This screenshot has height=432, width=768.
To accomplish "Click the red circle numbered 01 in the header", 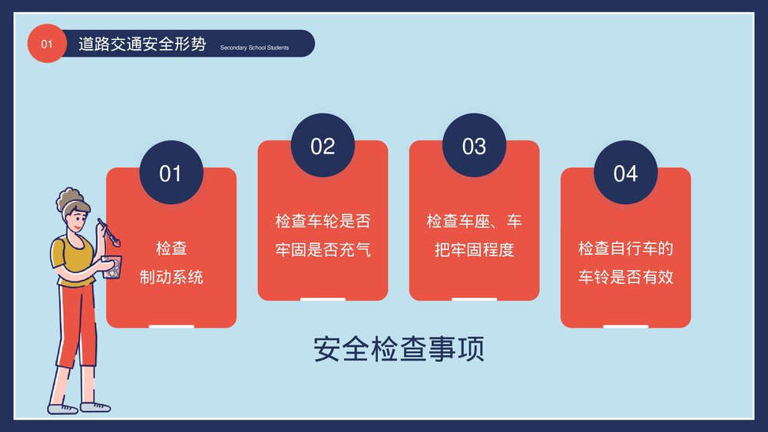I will tap(47, 44).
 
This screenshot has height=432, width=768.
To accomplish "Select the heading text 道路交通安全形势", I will tap(142, 44).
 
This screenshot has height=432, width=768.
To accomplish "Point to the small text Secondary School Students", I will tap(254, 48).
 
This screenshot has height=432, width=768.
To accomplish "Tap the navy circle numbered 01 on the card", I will tap(170, 173).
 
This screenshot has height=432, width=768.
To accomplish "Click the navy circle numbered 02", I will tap(323, 146).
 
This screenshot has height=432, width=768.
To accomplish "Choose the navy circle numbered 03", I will tap(474, 146).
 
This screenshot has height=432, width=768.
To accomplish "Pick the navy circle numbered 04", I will tap(625, 173).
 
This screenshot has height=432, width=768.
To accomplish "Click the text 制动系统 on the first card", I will tap(171, 277).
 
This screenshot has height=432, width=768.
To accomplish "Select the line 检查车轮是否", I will tap(323, 222).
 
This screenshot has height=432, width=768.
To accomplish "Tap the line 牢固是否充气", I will tap(323, 249).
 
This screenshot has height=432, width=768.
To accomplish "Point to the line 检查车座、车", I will tap(474, 222).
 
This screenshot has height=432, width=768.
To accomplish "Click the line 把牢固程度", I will tap(474, 249).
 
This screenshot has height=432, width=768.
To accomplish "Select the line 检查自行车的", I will tap(625, 249).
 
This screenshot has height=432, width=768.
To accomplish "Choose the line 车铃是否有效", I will tap(625, 277).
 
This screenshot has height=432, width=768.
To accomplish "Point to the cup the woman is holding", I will tap(113, 266).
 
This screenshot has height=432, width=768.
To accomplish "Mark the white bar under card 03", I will tap(474, 298).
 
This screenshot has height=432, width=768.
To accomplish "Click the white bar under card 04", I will tap(625, 326).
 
